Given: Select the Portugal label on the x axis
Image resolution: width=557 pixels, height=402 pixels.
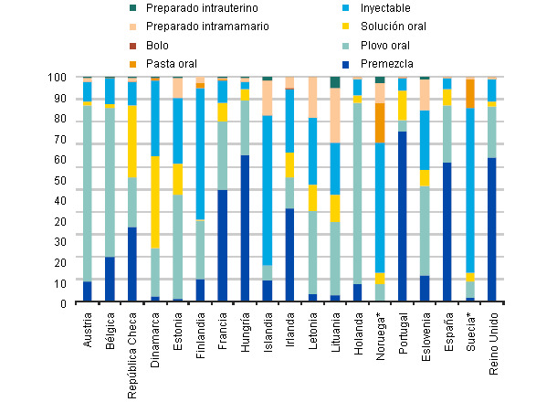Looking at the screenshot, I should pos(404,330).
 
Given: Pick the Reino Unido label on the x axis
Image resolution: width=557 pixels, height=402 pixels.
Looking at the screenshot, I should pos(493,337).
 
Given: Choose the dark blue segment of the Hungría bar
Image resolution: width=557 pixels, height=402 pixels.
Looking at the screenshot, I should pos(245,227).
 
